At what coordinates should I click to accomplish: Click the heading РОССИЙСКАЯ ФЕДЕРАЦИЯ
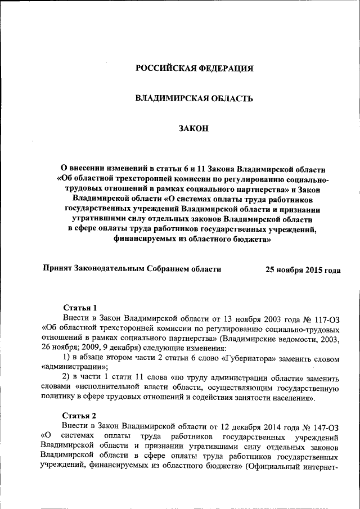coord(194,69)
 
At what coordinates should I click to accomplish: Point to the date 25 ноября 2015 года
coord(303,270)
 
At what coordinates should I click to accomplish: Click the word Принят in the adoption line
coord(58,269)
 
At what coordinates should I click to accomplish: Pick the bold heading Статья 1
coord(80,308)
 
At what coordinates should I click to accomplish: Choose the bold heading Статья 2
coord(80,416)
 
